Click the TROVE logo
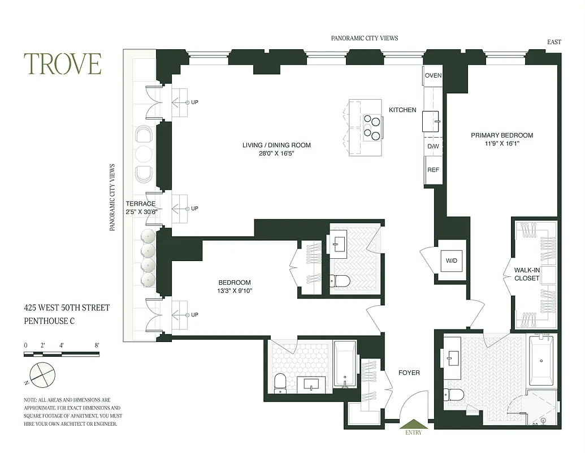point(62,64)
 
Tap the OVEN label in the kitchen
point(433,76)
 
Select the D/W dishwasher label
point(433,147)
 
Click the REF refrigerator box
point(433,170)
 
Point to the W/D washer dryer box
point(452,261)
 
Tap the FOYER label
point(409,373)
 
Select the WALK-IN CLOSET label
point(526,274)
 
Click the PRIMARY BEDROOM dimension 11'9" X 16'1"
point(502,144)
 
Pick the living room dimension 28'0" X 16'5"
point(276,153)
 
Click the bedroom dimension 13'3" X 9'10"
point(235,291)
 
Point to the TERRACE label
point(140,204)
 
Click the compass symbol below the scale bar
point(43,374)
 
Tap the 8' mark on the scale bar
point(97,345)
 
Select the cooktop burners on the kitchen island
point(372,126)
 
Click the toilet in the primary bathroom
point(454,395)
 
